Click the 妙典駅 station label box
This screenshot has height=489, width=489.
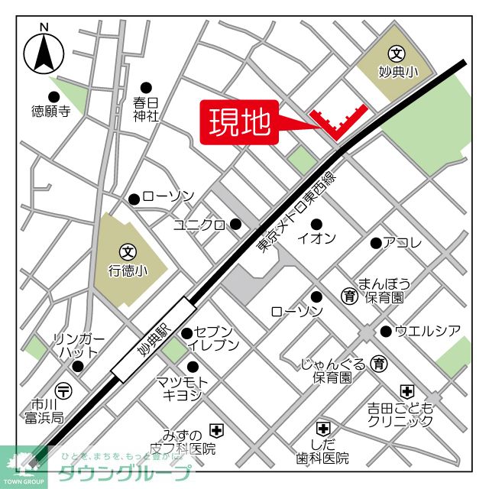click(x=153, y=340)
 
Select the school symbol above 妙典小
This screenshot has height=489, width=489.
click(x=397, y=54)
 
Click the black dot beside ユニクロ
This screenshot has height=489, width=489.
click(x=235, y=224)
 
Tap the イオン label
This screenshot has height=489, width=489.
click(x=316, y=238)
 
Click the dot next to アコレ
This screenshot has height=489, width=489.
click(x=375, y=243)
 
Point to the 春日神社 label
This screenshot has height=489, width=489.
click(x=145, y=108)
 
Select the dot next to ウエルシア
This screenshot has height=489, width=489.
click(x=386, y=331)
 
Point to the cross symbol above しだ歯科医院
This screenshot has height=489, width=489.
click(x=323, y=429)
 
